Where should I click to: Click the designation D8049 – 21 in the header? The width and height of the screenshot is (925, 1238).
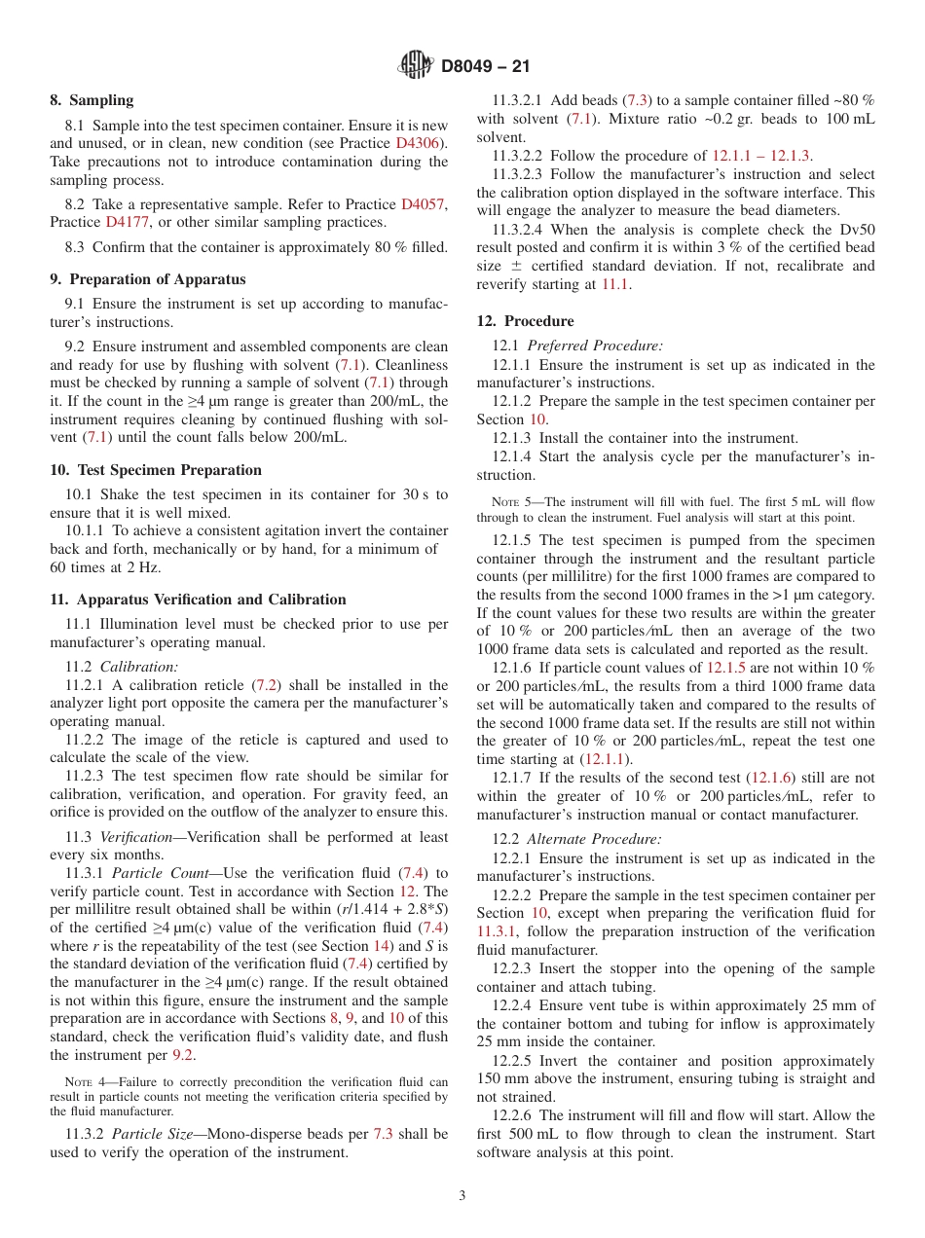[x=485, y=67]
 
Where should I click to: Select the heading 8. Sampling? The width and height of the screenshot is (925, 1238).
[x=92, y=100]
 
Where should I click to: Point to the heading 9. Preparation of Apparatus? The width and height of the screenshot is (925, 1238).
[x=147, y=279]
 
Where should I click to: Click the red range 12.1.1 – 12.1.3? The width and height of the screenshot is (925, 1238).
[x=761, y=156]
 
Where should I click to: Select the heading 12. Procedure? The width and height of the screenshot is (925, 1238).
[x=525, y=321]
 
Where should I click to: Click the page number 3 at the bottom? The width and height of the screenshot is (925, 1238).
[x=462, y=1195]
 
